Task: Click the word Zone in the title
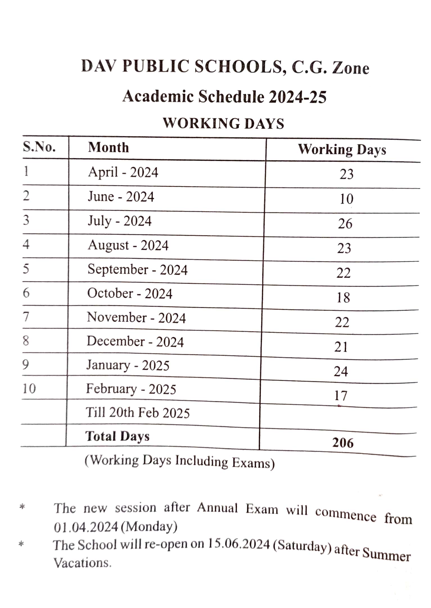(351, 68)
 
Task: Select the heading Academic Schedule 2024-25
(224, 97)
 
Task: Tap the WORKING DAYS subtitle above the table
(224, 123)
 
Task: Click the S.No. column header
(39, 147)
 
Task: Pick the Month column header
(108, 147)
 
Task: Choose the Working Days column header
(342, 150)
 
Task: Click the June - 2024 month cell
(121, 196)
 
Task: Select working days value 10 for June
(346, 199)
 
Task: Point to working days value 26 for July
(345, 224)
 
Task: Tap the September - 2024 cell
(137, 270)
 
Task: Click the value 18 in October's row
(343, 298)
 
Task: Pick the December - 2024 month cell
(135, 342)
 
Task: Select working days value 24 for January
(341, 371)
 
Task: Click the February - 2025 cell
(131, 389)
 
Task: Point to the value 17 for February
(340, 396)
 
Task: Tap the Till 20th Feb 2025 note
(137, 413)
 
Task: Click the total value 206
(343, 443)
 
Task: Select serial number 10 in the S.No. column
(29, 389)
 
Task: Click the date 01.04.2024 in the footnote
(86, 527)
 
